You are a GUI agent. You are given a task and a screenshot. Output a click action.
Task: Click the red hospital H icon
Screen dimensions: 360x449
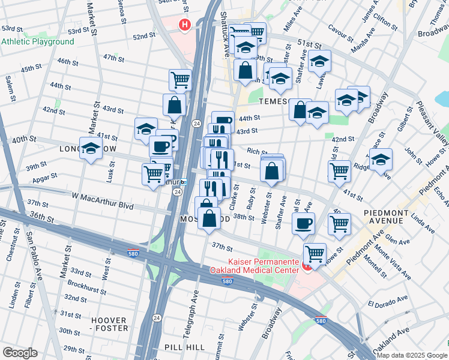pyautogui.click(x=185, y=25)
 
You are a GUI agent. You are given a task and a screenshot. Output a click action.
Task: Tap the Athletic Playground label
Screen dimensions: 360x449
pyautogui.click(x=37, y=42)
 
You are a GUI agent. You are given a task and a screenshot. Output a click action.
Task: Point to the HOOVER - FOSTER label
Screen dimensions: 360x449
pyautogui.click(x=110, y=324)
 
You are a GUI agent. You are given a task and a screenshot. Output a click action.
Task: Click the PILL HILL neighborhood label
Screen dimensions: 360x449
pyautogui.click(x=185, y=347)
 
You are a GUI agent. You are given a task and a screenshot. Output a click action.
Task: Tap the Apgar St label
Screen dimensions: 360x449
pyautogui.click(x=45, y=177)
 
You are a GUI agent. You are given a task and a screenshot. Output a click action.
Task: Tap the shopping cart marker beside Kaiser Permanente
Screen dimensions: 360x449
pyautogui.click(x=315, y=253)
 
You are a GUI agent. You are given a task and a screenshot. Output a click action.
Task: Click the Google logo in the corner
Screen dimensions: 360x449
pyautogui.click(x=20, y=353)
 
